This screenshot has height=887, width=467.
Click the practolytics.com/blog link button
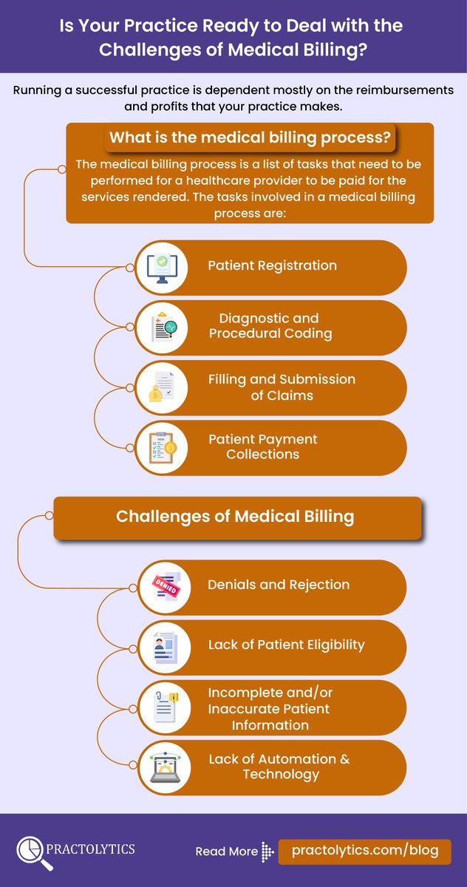pos(365,851)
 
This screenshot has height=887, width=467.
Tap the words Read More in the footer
pos(226,852)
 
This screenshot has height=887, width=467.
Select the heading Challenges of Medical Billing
pos(235,516)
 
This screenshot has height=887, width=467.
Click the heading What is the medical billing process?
pos(250,138)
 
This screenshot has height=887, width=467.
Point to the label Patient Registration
pos(272,265)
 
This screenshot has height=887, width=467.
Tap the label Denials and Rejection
pos(279,585)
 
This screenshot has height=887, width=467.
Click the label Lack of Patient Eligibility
pos(286,645)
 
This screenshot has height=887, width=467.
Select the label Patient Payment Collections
pos(262,446)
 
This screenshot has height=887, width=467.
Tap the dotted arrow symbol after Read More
pos(268,852)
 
